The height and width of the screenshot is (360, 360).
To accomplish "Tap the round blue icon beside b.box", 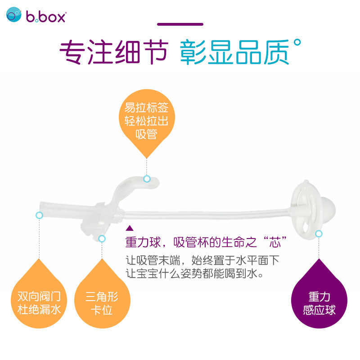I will (x=14, y=15).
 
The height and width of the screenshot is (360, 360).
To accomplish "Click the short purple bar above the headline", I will (x=180, y=24).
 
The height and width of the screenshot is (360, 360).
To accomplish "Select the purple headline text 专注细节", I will (x=114, y=52).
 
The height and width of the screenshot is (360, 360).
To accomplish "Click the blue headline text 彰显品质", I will (x=234, y=52).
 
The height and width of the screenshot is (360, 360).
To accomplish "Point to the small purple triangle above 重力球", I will (x=130, y=228).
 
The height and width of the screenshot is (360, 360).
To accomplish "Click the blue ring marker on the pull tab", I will (x=147, y=179).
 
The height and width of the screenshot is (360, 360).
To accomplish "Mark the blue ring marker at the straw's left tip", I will (x=39, y=216).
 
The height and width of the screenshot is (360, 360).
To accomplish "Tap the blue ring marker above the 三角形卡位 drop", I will (x=102, y=238).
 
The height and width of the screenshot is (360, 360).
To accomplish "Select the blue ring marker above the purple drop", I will (x=319, y=234).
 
